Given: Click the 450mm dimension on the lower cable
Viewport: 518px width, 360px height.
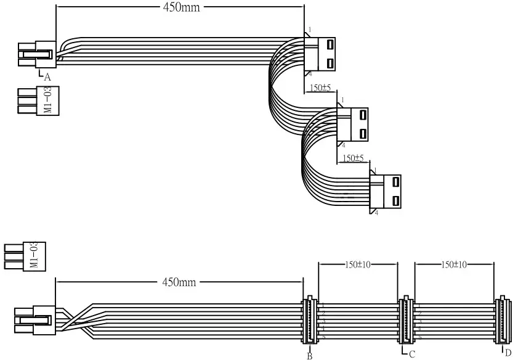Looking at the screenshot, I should [x=179, y=282].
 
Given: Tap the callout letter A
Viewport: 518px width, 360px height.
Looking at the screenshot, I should [x=47, y=77].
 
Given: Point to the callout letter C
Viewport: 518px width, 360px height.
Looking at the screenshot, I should [x=411, y=354].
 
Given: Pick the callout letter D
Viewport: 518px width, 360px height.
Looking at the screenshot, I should [x=508, y=353].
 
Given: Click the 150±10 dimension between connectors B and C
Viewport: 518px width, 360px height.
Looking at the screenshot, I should [x=358, y=264].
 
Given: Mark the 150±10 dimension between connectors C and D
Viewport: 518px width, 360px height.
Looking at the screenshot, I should [x=455, y=264].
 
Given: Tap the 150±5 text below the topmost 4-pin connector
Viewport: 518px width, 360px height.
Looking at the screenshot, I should [x=320, y=88].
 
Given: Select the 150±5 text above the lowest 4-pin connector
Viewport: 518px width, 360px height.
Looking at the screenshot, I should [x=353, y=158].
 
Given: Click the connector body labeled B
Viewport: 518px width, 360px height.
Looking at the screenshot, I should [x=310, y=320].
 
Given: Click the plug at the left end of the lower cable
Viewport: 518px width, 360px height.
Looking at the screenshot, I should [x=34, y=321].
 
